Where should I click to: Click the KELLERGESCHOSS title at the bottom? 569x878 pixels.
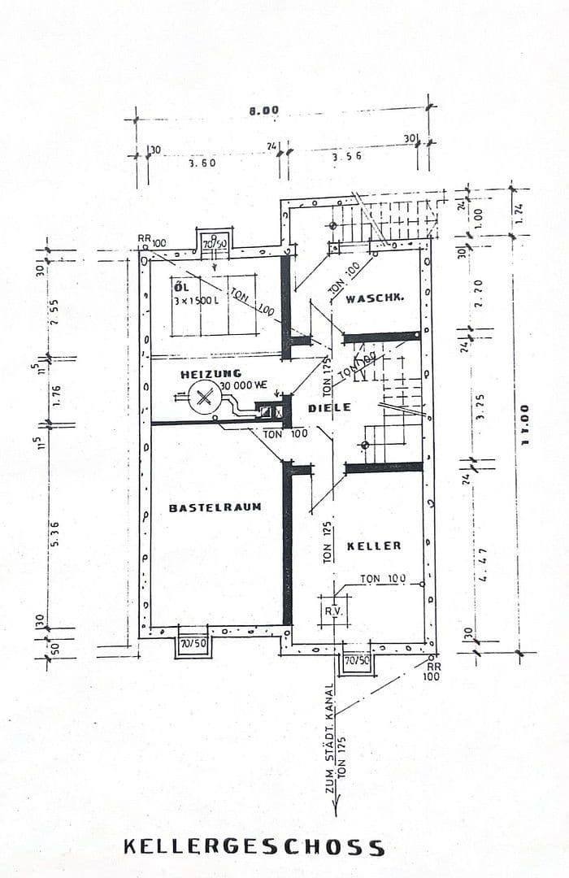tap(254, 847)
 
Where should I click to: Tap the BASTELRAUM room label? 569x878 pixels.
tap(215, 507)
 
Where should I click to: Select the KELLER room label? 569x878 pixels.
tap(374, 545)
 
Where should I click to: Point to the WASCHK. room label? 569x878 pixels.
tap(375, 299)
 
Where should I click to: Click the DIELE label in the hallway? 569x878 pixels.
tap(329, 407)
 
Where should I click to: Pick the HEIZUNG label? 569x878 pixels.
tap(211, 374)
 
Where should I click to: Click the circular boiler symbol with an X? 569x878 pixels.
tap(203, 398)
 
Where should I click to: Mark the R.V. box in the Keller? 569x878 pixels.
tap(333, 611)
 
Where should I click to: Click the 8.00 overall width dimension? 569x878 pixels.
tap(263, 111)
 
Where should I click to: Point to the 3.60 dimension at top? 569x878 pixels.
tap(202, 163)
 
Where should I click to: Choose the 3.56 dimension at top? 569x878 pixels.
tap(346, 156)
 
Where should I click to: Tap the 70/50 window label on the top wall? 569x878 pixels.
tap(215, 243)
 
